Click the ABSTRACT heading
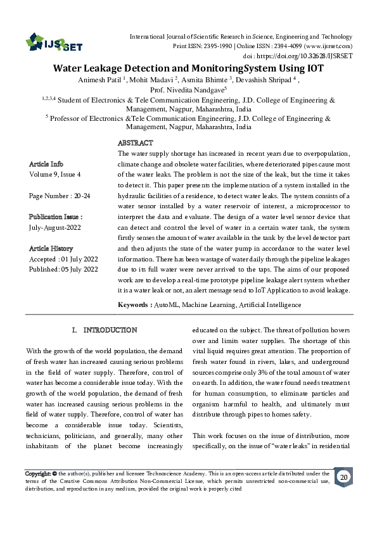coord(135,144)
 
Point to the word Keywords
coord(134,304)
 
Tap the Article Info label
coord(46,163)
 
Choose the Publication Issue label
coord(56,216)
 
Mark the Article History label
coord(51,249)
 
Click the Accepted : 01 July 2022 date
coord(63,259)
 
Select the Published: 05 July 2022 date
coord(63,269)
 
